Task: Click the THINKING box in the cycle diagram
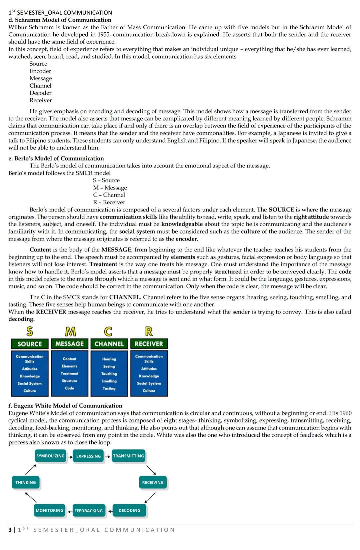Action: point(26,482)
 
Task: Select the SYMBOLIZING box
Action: point(50,456)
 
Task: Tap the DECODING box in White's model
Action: point(129,510)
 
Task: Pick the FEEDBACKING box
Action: point(88,511)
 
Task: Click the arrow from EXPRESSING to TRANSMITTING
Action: point(108,456)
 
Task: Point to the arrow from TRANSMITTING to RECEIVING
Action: point(151,470)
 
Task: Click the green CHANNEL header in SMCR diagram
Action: point(109,344)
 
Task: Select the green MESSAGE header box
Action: point(69,344)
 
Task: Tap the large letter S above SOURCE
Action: point(30,331)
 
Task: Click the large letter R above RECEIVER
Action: point(149,331)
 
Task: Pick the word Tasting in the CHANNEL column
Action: point(109,388)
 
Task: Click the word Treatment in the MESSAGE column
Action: point(69,373)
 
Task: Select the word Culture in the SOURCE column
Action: point(30,391)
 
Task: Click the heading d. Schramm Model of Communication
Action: point(60,20)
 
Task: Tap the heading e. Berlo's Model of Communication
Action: point(56,158)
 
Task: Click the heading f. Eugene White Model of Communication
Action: point(65,405)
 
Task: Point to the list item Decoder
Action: point(40,93)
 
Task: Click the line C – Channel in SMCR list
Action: point(109,195)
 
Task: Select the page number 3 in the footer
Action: point(10,530)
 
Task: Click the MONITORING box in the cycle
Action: point(49,510)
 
